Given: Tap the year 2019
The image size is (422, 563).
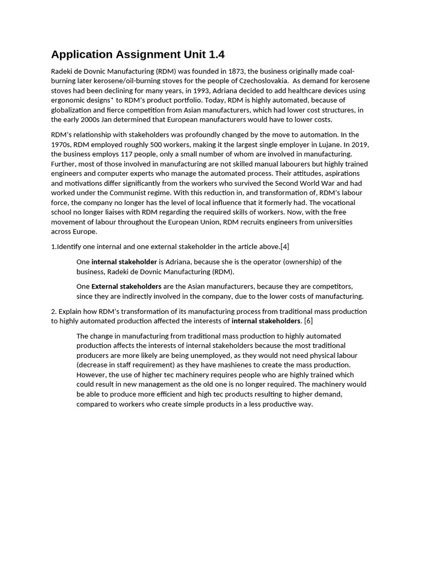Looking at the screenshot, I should click(x=360, y=144).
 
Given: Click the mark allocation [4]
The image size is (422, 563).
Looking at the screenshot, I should click(x=285, y=246).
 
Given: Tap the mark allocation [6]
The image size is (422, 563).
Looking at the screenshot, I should click(x=308, y=321).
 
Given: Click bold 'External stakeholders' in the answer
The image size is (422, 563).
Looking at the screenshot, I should click(x=126, y=286).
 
